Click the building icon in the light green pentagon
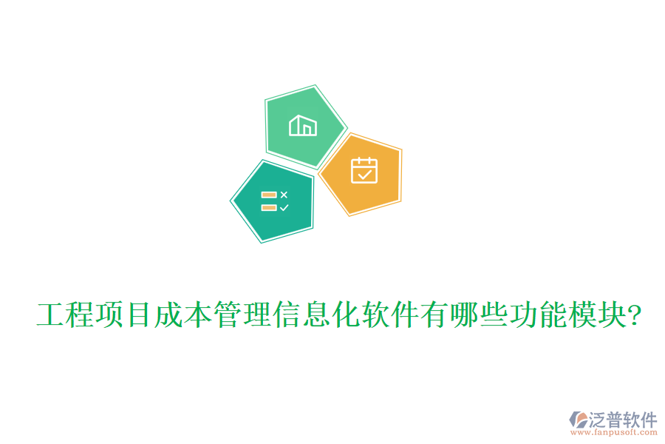[304, 126]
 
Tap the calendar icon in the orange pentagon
[364, 170]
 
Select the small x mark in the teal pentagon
[284, 195]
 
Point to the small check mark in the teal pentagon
[284, 208]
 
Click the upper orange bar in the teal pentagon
[268, 195]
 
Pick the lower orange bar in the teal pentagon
[268, 208]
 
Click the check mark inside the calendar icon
[364, 175]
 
